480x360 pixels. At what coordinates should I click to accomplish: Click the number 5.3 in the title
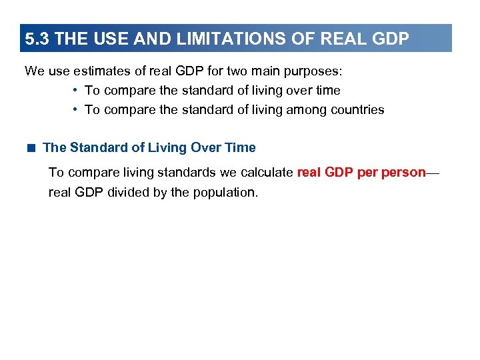click(x=37, y=39)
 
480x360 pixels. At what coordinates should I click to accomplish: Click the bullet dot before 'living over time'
click(x=76, y=90)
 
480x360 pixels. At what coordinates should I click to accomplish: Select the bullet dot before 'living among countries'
click(x=76, y=110)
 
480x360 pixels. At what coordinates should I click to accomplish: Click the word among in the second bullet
click(x=305, y=110)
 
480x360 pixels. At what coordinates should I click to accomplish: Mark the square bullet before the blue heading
click(x=31, y=147)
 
